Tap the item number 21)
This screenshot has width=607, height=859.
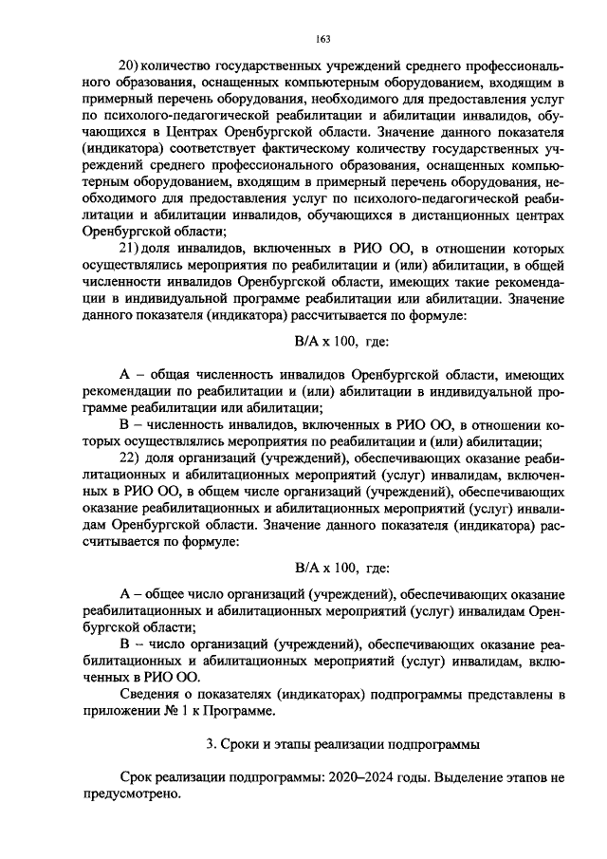click(125, 248)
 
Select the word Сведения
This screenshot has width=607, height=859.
click(151, 694)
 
